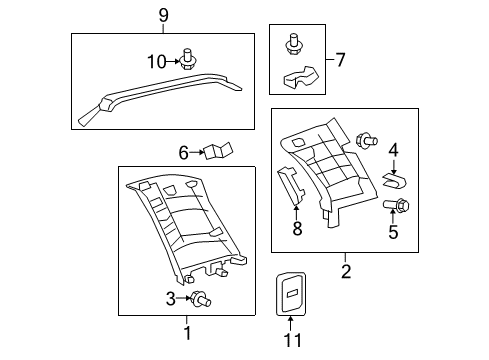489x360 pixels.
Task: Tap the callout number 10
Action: pyautogui.click(x=156, y=62)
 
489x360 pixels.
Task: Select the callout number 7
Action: pyautogui.click(x=340, y=60)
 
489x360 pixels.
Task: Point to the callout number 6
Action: pyautogui.click(x=184, y=153)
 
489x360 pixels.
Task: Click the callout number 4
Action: pyautogui.click(x=393, y=150)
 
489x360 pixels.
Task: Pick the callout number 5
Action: pyautogui.click(x=393, y=233)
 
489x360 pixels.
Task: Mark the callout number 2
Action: pyautogui.click(x=346, y=271)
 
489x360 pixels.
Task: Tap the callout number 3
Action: pyautogui.click(x=171, y=298)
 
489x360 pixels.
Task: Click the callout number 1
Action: pyautogui.click(x=185, y=331)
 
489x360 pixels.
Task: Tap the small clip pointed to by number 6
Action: pyautogui.click(x=217, y=152)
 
